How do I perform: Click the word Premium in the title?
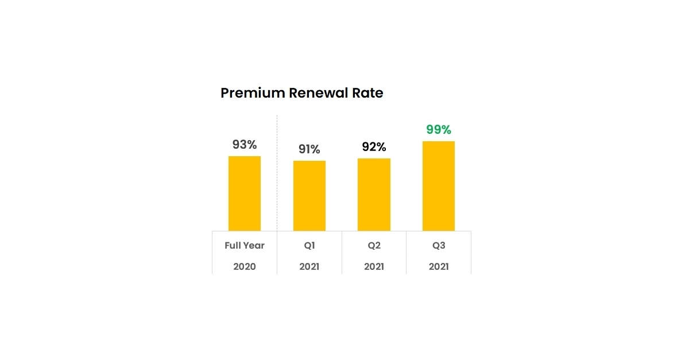253,93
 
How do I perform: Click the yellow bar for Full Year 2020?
245,193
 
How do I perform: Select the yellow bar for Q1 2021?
309,196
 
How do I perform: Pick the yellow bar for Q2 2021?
374,195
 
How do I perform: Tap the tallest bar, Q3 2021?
439,186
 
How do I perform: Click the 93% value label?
245,145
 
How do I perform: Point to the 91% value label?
309,149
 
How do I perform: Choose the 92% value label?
374,147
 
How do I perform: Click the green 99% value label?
439,130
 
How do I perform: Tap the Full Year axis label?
245,246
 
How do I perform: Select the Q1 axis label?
309,246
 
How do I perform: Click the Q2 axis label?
374,246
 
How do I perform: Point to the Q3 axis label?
439,246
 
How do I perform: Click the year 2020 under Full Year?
245,267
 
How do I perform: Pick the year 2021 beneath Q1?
309,267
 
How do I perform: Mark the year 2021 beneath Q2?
374,267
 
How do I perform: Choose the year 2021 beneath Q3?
439,267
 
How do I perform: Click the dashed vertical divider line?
277,172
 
